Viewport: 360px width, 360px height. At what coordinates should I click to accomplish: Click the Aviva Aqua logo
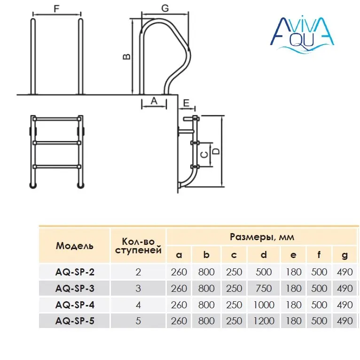[302, 34]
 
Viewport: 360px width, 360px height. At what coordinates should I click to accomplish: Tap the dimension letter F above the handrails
[56, 9]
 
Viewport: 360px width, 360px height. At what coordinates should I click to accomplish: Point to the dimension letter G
[165, 8]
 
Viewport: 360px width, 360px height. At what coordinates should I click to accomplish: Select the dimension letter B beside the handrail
[127, 56]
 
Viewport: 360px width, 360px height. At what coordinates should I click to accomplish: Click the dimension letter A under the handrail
[154, 101]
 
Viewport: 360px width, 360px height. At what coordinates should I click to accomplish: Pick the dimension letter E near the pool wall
[186, 103]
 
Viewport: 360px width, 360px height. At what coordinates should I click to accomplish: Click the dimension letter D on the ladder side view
[216, 151]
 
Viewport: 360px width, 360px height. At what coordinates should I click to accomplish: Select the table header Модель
[75, 246]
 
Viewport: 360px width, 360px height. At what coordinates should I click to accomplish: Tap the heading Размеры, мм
[262, 237]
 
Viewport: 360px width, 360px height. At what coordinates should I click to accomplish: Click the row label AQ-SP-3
[75, 289]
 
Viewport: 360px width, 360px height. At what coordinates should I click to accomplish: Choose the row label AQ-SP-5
[75, 321]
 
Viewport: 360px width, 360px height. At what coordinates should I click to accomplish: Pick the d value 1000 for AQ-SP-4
[264, 305]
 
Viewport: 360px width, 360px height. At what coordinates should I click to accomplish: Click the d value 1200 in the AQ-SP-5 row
[264, 321]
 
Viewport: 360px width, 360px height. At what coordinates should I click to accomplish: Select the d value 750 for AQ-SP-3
[264, 289]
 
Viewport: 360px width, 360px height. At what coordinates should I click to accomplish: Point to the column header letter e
[293, 255]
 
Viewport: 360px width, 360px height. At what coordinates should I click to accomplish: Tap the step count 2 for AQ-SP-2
[138, 272]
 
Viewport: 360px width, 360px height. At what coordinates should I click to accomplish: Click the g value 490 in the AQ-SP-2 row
[345, 272]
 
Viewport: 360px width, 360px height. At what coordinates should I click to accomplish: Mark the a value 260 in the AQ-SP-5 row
[179, 321]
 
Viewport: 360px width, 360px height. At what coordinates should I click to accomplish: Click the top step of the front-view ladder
[57, 119]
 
